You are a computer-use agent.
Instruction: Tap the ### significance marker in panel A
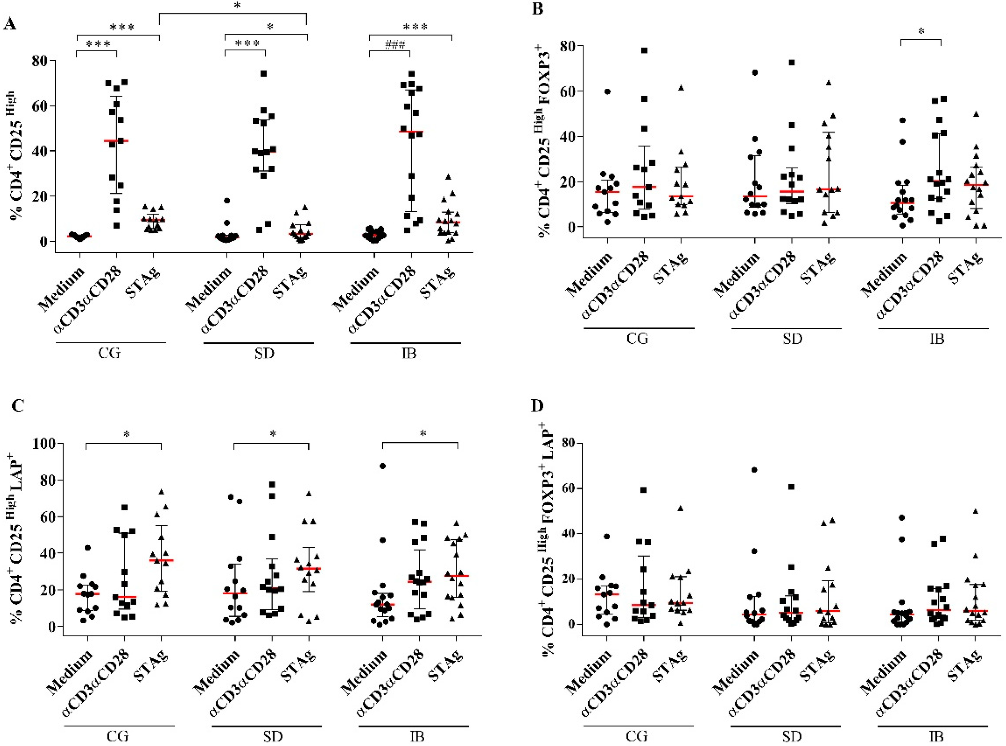[x=395, y=44]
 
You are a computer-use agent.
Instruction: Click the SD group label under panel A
[x=264, y=353]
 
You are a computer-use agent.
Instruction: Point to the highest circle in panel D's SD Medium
[x=754, y=470]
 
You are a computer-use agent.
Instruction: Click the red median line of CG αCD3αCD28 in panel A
[x=116, y=141]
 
